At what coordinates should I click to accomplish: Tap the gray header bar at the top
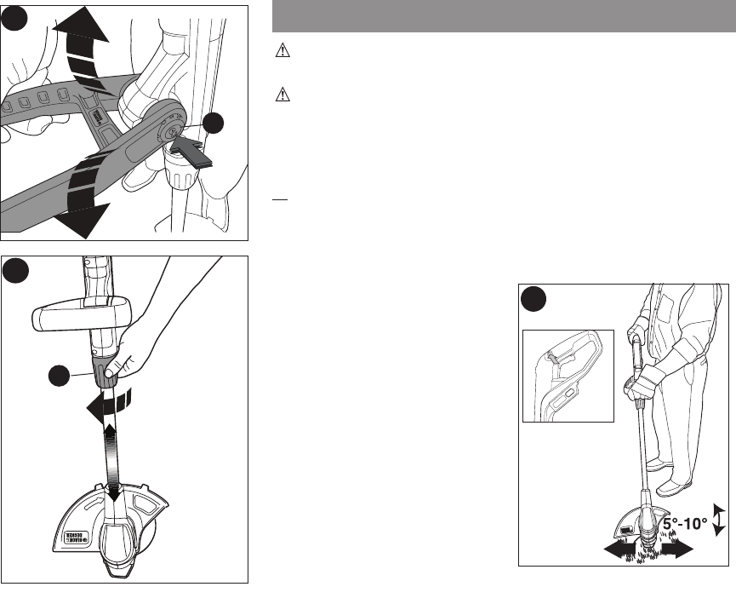503,16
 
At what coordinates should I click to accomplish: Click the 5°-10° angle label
680,523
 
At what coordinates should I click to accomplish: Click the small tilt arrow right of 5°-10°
719,519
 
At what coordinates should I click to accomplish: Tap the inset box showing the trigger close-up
568,376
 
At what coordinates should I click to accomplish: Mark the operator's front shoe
659,468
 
